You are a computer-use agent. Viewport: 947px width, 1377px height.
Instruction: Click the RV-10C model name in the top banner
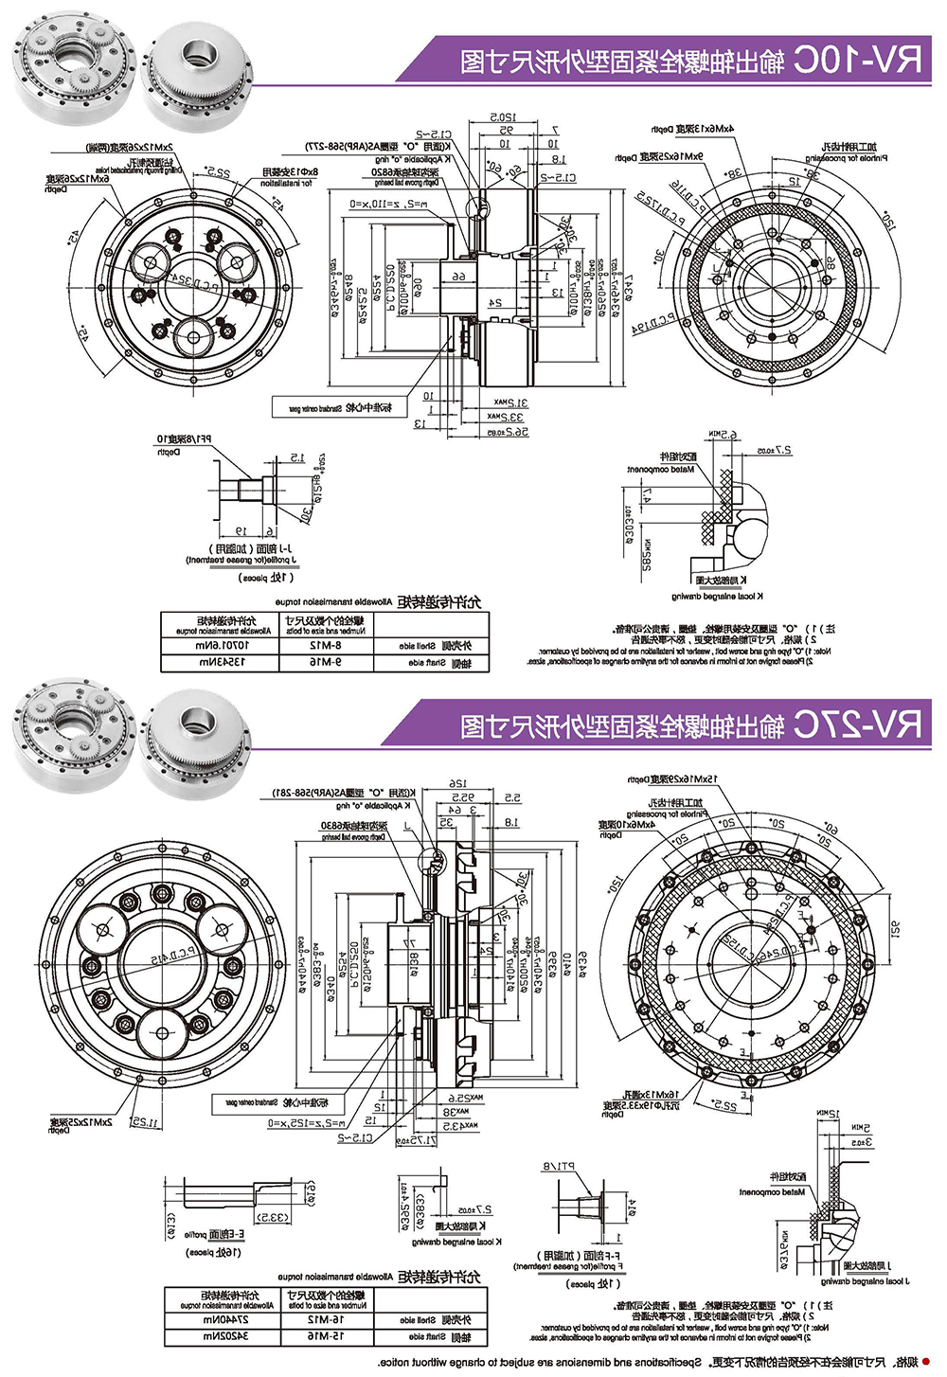pyautogui.click(x=857, y=61)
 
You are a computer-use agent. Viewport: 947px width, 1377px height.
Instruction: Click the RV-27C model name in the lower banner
pyautogui.click(x=857, y=725)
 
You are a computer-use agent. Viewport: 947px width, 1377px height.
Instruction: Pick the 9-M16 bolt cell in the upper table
pyautogui.click(x=325, y=663)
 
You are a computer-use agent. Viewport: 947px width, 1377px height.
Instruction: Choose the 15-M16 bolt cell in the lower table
pyautogui.click(x=325, y=1336)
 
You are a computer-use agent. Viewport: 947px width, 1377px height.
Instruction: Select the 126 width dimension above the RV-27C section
pyautogui.click(x=458, y=784)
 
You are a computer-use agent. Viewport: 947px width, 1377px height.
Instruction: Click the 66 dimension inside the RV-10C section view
pyautogui.click(x=458, y=277)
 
